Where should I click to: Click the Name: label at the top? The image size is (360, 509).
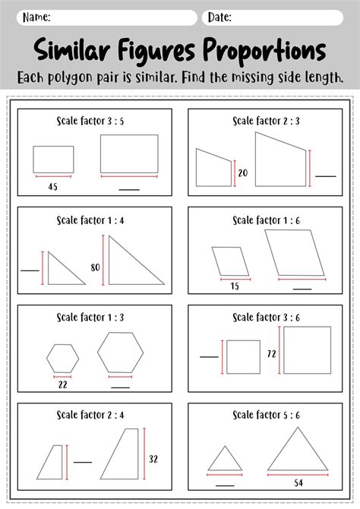pos(36,17)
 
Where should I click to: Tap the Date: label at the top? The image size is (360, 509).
pos(219,17)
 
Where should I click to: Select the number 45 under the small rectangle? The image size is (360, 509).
pos(52,186)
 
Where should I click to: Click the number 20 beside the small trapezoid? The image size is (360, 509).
pos(243,173)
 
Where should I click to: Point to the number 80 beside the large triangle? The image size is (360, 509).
pos(95,267)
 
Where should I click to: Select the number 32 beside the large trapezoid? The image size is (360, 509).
pos(153,458)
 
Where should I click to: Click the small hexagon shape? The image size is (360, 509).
pos(62,358)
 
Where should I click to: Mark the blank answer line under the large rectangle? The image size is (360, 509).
pos(129,189)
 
